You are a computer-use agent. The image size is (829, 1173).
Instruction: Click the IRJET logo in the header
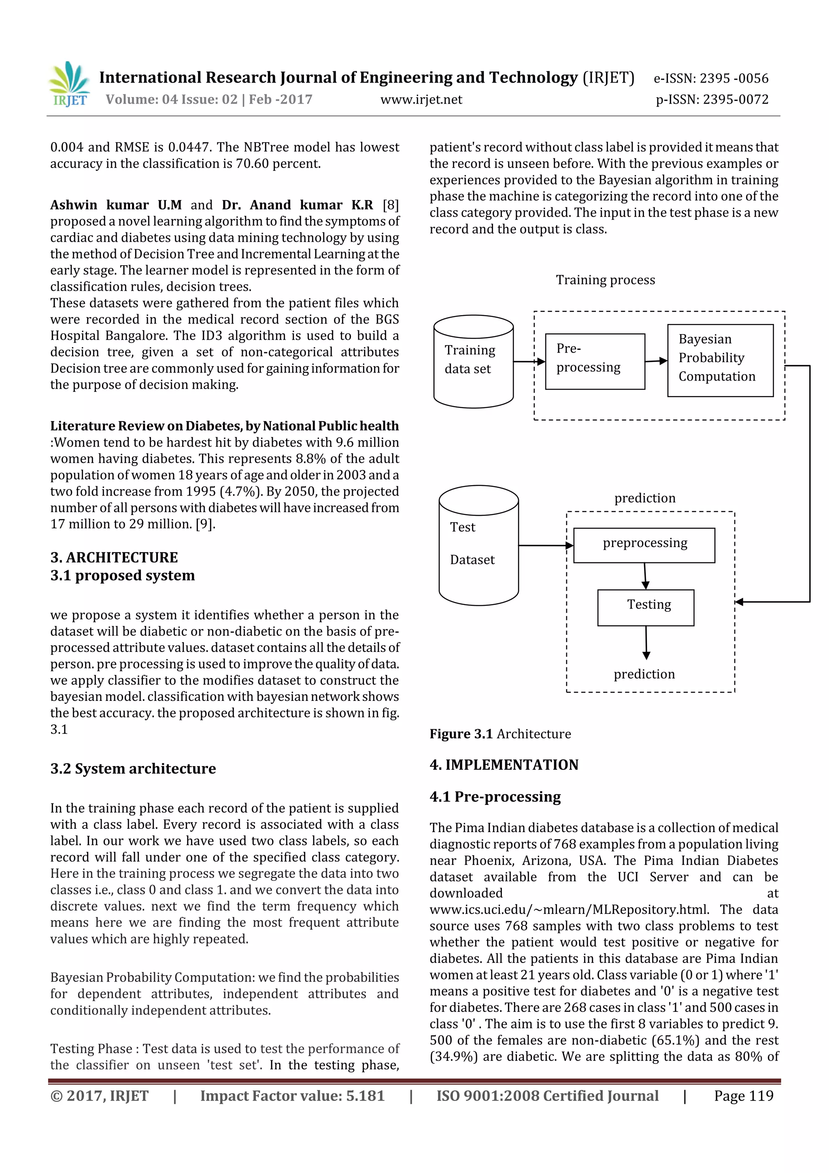(x=70, y=84)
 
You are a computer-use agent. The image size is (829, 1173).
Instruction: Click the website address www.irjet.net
(x=421, y=100)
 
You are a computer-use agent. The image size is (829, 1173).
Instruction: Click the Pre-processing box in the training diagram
(x=595, y=362)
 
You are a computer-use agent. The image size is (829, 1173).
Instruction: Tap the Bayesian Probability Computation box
(x=720, y=360)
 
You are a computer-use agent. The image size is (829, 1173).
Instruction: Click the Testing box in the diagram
(x=646, y=607)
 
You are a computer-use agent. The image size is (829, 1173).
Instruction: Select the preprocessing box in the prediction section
(x=644, y=545)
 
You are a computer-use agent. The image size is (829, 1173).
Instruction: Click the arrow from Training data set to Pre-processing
(x=529, y=362)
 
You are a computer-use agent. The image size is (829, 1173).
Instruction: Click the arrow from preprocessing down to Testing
(x=645, y=576)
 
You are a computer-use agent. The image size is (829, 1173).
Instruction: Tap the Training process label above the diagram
(x=605, y=280)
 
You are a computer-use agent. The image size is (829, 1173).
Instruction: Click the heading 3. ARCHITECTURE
(x=114, y=558)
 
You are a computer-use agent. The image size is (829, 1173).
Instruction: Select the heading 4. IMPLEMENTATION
(x=504, y=765)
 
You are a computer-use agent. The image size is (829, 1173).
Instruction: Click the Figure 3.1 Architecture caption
(x=500, y=734)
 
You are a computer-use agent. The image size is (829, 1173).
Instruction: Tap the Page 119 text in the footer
(x=743, y=1095)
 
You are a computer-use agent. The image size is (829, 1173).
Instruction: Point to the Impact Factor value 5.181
(x=292, y=1095)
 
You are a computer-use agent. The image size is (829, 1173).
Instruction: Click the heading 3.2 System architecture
(x=133, y=769)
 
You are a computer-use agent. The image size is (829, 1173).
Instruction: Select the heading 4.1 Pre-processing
(x=495, y=796)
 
